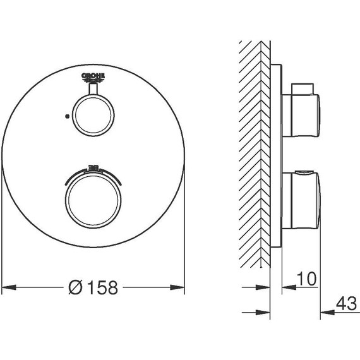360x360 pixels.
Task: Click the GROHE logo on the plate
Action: pos(93,78)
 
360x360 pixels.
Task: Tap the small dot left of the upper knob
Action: pos(67,116)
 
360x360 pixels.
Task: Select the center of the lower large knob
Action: pos(93,200)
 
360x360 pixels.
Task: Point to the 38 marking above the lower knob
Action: pos(93,167)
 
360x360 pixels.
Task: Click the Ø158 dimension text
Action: pos(93,287)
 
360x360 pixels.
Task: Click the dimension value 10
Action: pos(306,279)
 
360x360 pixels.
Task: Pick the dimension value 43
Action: pos(346,304)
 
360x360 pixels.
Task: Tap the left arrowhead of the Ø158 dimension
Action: pos(9,287)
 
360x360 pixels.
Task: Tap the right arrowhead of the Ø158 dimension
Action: pos(177,287)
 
